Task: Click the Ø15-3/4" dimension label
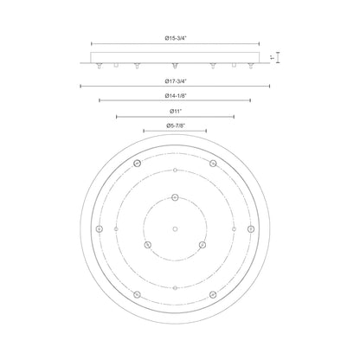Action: [176, 38]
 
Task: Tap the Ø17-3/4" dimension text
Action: [176, 81]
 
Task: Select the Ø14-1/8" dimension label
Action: [176, 95]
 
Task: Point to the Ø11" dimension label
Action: [176, 111]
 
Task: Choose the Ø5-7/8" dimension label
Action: [176, 125]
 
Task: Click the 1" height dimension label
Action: [272, 57]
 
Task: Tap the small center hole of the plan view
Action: [175, 229]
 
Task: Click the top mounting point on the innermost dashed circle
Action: [175, 197]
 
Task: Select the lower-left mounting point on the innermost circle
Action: [147, 245]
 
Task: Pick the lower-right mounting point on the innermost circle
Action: [202, 245]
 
